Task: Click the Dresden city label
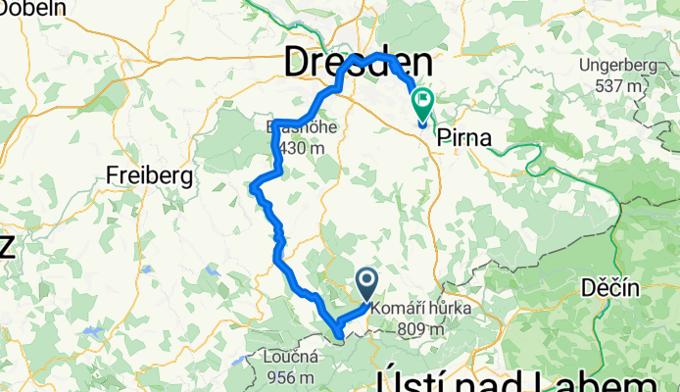coord(359,64)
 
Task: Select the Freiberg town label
coord(148,176)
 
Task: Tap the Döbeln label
coord(33,8)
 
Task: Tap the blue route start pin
coord(368,283)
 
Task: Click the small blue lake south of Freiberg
coord(146,269)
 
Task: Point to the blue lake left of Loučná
coord(236,361)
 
